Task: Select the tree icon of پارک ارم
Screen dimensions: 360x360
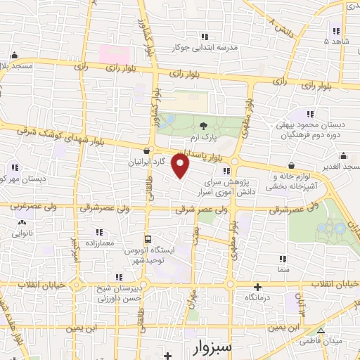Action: pos(203,124)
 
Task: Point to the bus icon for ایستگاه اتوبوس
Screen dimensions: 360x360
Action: pos(148,238)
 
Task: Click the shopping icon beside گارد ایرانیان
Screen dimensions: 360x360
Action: pos(146,150)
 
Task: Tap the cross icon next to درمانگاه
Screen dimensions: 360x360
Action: pos(257,287)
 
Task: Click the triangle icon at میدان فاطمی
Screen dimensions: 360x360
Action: pos(321,330)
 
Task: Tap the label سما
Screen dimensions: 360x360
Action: pos(283,270)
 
